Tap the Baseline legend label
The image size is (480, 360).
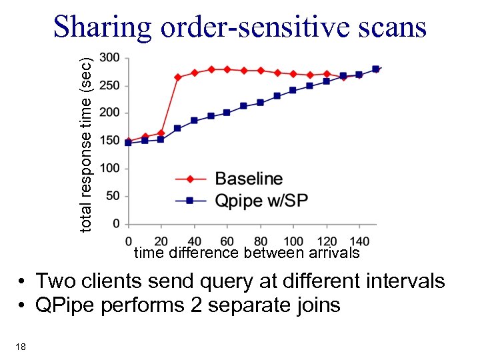tap(249, 179)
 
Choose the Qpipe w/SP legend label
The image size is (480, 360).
tap(261, 201)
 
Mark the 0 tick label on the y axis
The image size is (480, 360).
tap(116, 224)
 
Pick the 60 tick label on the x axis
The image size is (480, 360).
tap(227, 241)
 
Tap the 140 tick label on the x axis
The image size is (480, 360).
tap(359, 241)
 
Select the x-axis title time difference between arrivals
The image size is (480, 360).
tap(247, 253)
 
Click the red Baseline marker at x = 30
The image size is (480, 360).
tap(178, 77)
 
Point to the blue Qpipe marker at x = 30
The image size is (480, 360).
tap(177, 128)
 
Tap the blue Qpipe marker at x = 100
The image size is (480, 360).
tap(293, 90)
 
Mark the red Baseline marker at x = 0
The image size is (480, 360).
tap(129, 141)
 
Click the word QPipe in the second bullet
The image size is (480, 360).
tap(66, 305)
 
